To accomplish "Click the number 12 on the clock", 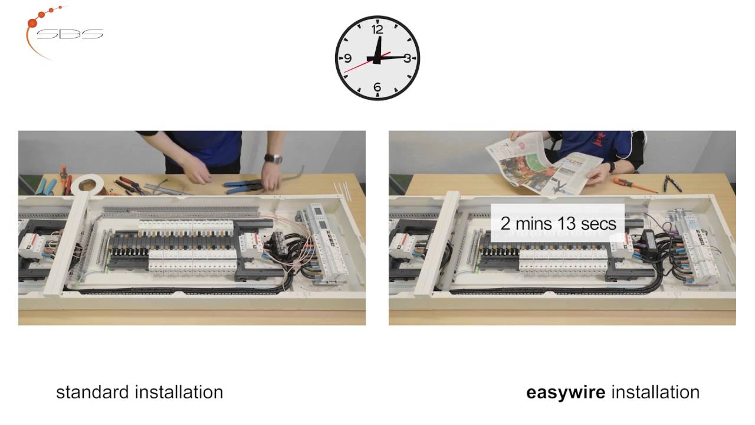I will pos(377,28).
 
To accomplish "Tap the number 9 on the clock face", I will pos(348,58).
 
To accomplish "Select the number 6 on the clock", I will pos(377,88).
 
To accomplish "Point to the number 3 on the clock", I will pos(407,58).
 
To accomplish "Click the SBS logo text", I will pos(70,34).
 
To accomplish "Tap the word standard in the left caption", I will pos(93,392).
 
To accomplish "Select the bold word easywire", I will pos(565,392).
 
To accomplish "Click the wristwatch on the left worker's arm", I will pos(273,158).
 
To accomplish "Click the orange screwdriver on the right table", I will pos(634,185).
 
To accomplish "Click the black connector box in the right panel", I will pos(650,241).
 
